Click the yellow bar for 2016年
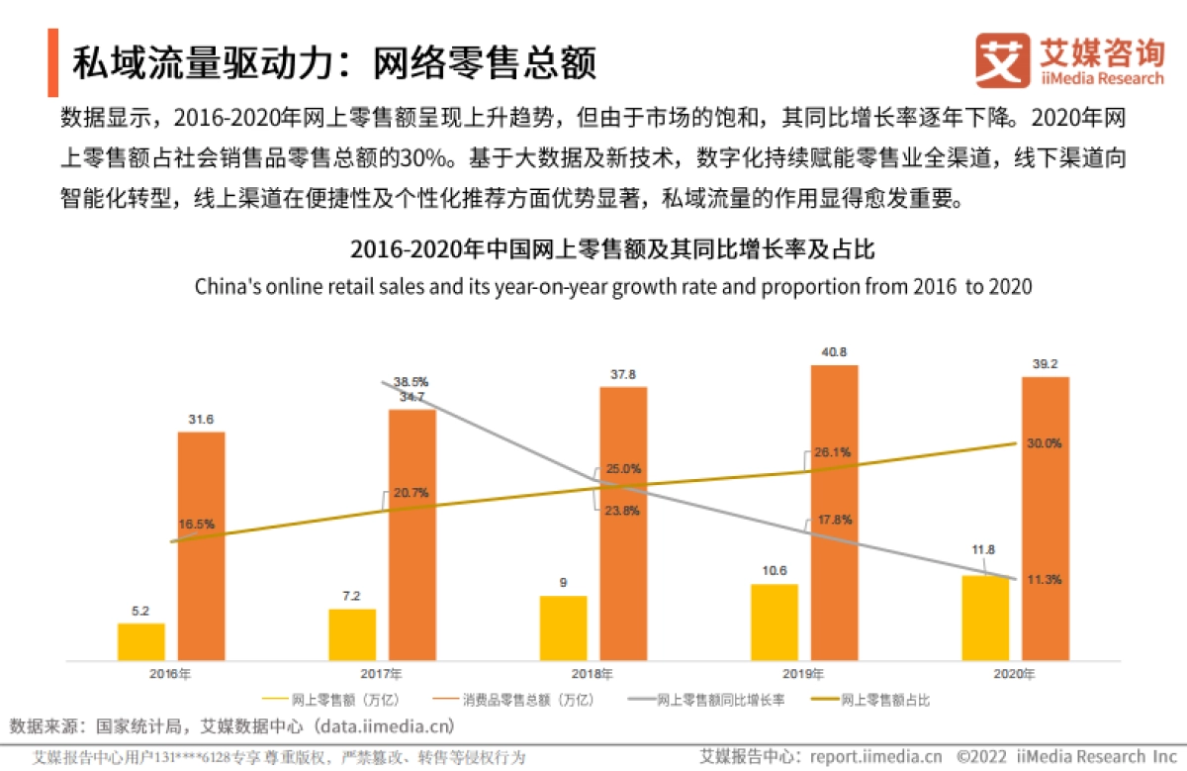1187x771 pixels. click(141, 640)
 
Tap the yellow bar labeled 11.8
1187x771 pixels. click(985, 617)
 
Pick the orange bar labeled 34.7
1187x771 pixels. click(411, 533)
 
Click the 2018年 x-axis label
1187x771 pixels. click(593, 674)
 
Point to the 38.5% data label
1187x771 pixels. click(411, 380)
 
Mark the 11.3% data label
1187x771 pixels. click(1044, 580)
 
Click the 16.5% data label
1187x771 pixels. click(196, 523)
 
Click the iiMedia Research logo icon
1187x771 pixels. click(1002, 61)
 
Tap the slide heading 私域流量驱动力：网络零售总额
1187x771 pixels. click(334, 63)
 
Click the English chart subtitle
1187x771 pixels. click(612, 287)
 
